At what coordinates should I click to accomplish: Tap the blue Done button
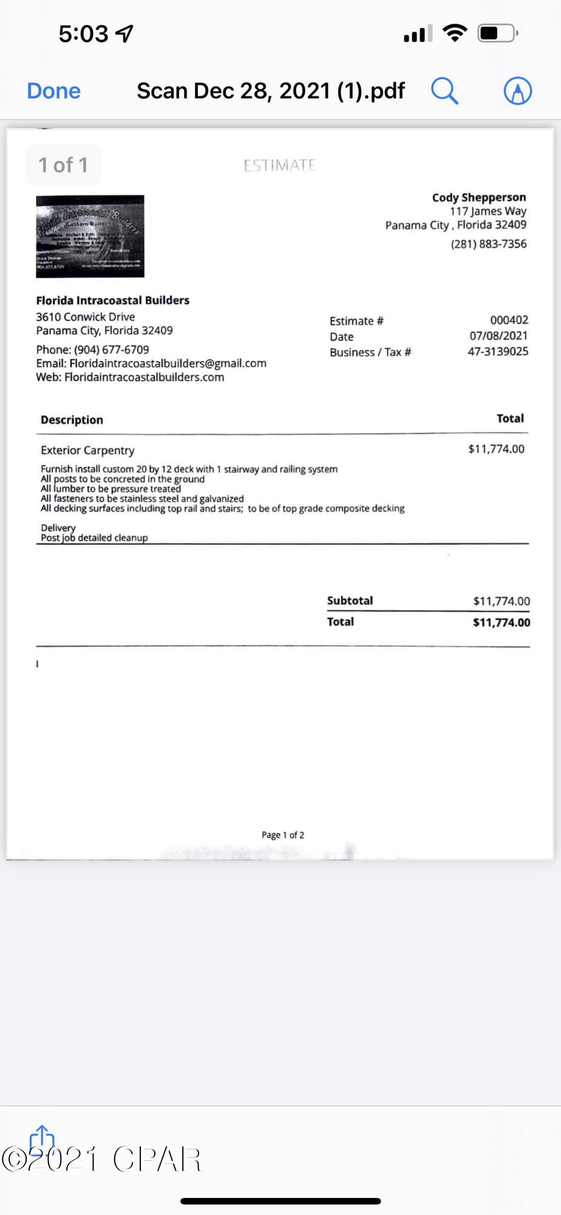click(x=53, y=91)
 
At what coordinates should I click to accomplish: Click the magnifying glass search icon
click(x=444, y=91)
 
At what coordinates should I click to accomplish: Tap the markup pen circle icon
click(x=517, y=91)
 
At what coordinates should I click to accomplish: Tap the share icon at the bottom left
click(x=42, y=1139)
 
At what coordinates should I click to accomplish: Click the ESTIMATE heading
click(x=279, y=165)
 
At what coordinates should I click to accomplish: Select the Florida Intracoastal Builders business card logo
click(x=90, y=236)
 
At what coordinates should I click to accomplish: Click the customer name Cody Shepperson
click(x=478, y=197)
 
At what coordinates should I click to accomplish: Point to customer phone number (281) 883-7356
click(x=488, y=244)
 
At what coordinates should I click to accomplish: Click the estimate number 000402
click(x=509, y=320)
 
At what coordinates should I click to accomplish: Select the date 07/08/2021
click(x=498, y=336)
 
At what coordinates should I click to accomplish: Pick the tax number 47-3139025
click(x=498, y=352)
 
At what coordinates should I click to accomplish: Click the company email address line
click(x=151, y=363)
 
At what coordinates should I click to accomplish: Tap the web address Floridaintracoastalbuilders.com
click(x=144, y=377)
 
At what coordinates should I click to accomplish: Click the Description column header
click(x=72, y=420)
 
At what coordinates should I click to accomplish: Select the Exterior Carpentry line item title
click(x=87, y=450)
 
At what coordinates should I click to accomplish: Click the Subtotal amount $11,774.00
click(x=501, y=601)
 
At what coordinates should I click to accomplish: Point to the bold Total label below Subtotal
click(x=341, y=621)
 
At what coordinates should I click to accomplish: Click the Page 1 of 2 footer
click(x=282, y=835)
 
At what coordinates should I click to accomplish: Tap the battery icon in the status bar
click(x=497, y=33)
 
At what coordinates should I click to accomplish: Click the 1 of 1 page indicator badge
click(x=63, y=165)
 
